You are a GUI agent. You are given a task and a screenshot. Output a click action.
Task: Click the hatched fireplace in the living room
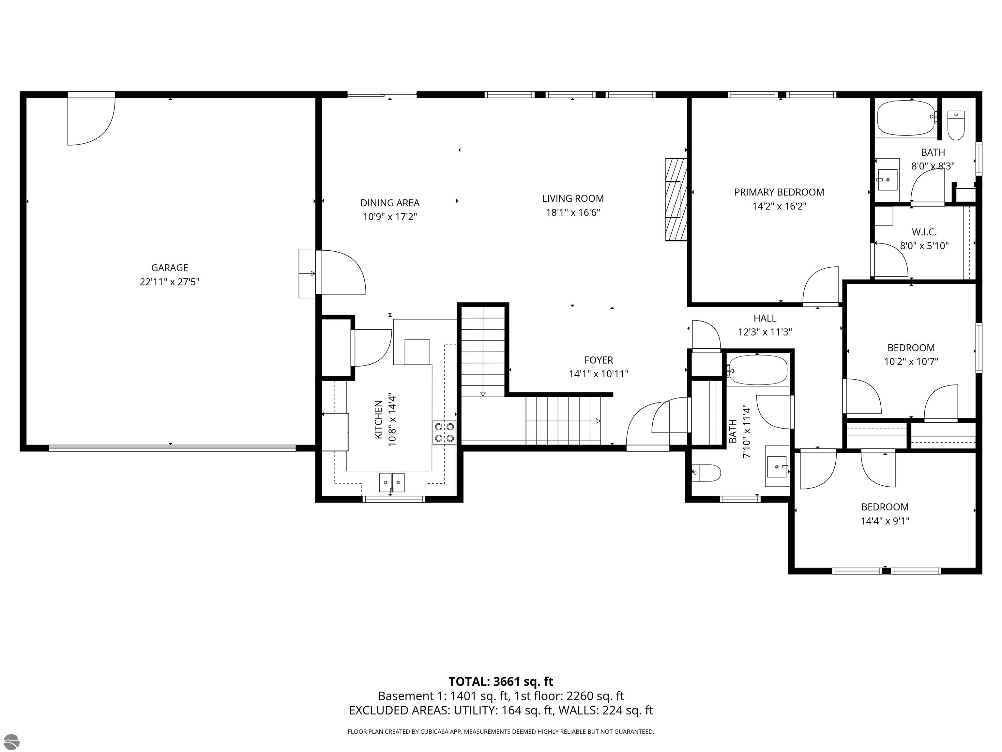[676, 199]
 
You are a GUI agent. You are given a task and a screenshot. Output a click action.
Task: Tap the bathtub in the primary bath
[905, 118]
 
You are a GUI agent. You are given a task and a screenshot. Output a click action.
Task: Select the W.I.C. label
[924, 232]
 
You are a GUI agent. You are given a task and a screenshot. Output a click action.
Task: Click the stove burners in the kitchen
[444, 432]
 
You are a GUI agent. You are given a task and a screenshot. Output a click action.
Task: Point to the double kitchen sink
[392, 482]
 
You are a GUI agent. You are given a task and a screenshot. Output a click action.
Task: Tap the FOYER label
[599, 360]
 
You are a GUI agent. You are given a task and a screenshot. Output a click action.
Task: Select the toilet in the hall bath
[707, 473]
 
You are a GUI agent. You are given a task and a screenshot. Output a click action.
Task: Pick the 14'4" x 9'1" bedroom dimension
[885, 521]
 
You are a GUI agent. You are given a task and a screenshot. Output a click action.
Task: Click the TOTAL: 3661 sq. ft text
[501, 682]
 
